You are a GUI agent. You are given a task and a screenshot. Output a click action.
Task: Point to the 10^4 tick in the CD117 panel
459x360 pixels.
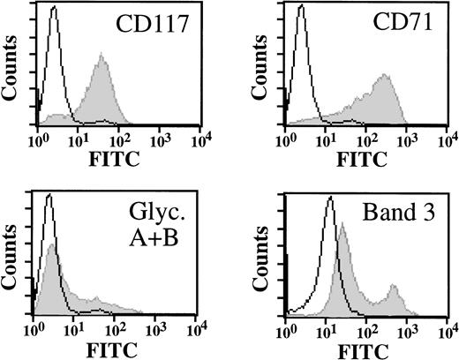click(x=200, y=140)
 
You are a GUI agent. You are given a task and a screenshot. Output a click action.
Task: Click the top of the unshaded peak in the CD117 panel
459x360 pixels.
click(x=54, y=9)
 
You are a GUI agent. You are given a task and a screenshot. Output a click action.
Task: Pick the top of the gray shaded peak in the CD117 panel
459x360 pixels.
click(x=102, y=55)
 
